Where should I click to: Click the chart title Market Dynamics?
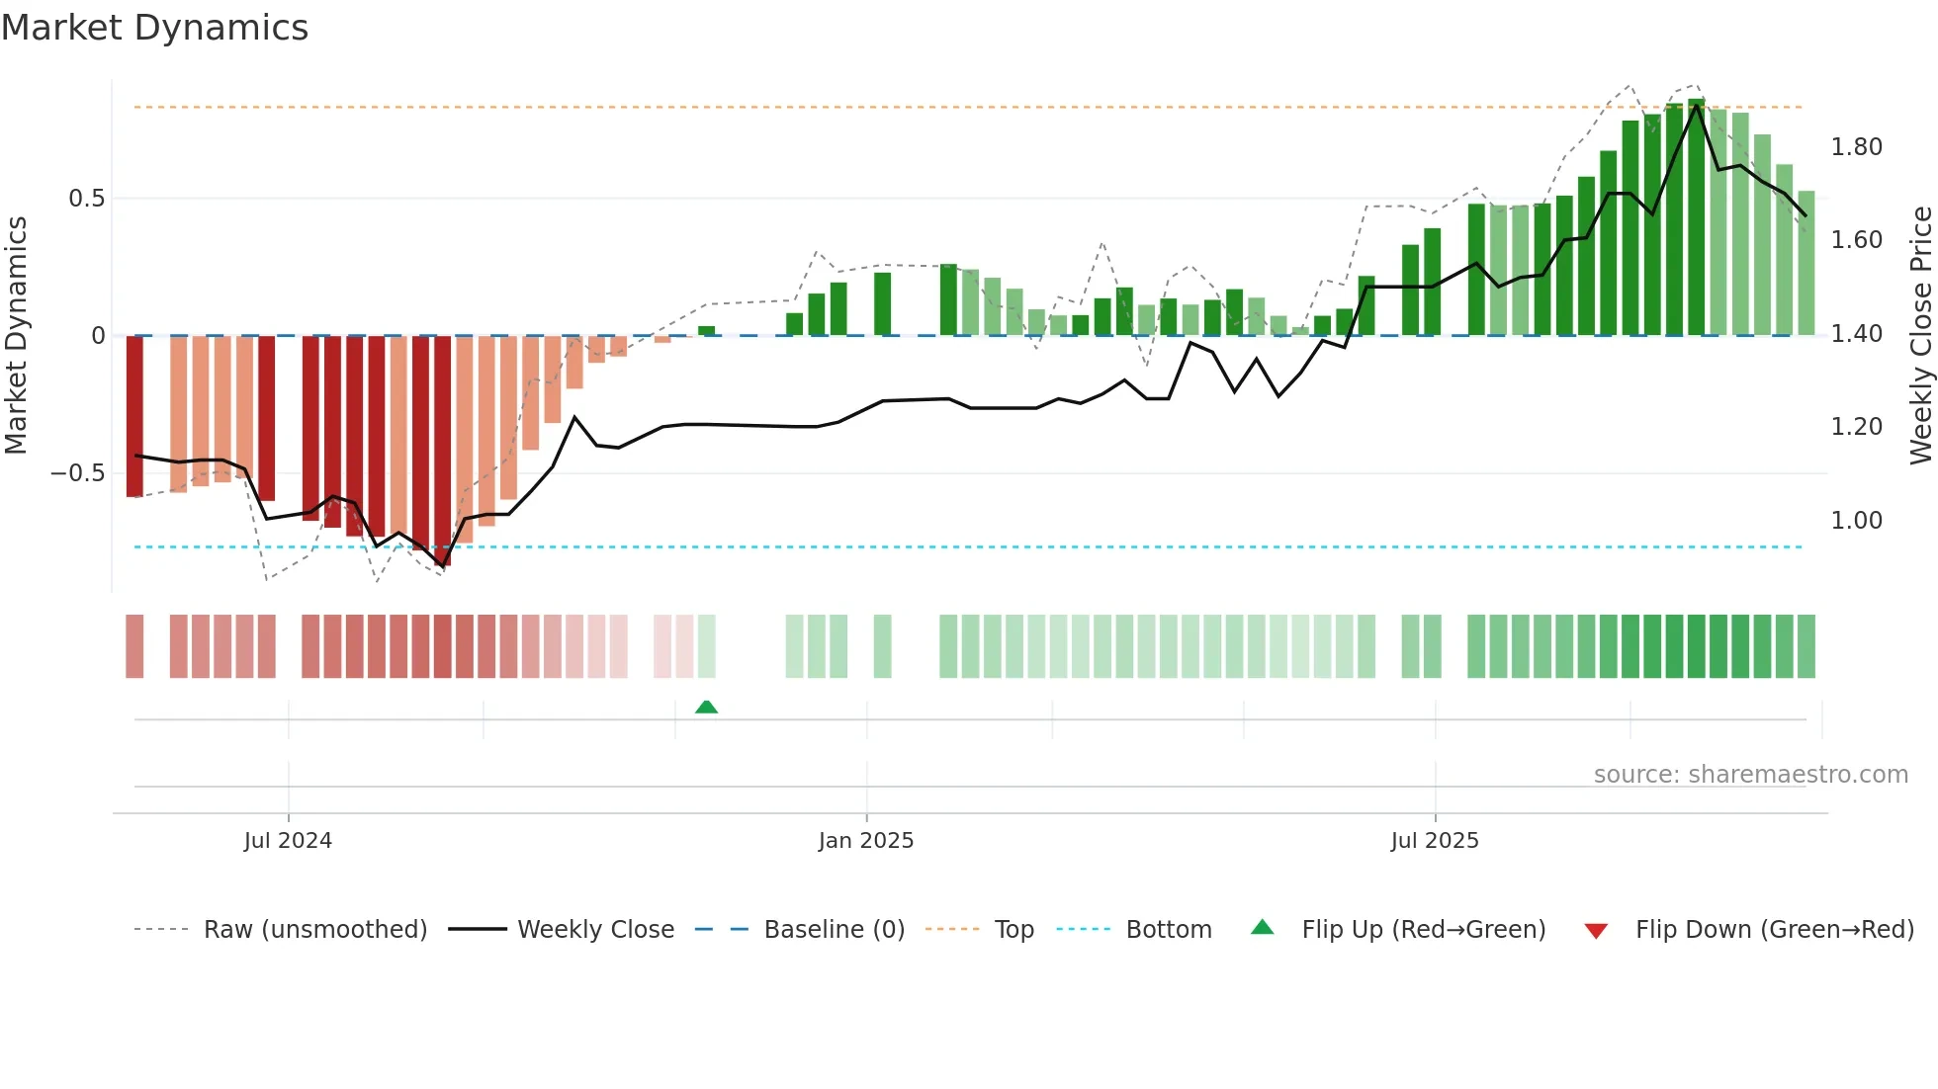point(154,28)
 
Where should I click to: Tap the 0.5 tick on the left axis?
point(86,199)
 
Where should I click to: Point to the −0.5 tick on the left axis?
point(78,473)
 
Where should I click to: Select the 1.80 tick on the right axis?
point(1856,147)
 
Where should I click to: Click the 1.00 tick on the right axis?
point(1856,521)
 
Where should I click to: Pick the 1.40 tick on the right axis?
point(1856,334)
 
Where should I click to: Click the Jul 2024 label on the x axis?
point(288,841)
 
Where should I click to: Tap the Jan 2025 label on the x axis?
point(866,841)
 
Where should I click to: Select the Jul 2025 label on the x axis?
point(1435,841)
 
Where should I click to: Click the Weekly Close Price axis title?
point(1920,335)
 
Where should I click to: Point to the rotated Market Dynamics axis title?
point(16,335)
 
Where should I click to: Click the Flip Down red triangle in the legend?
point(1596,931)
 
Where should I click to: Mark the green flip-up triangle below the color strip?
point(706,707)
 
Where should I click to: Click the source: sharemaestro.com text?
point(1750,775)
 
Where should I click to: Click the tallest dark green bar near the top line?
point(1697,217)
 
